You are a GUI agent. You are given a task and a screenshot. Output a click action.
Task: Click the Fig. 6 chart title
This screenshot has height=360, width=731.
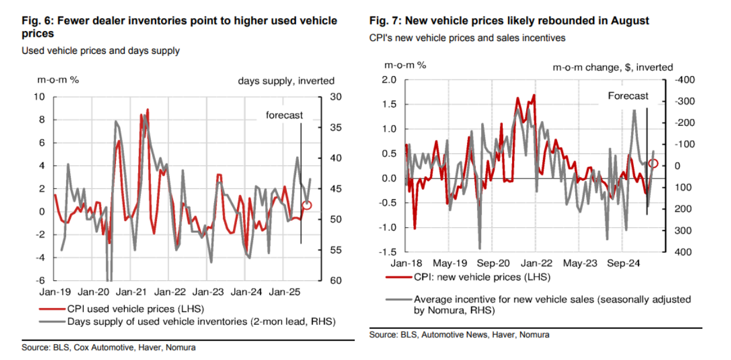[179, 27]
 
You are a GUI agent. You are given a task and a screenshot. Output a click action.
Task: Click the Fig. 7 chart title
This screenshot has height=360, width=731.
[509, 20]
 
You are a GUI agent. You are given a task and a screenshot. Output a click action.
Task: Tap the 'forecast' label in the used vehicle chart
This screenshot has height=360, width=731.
[284, 115]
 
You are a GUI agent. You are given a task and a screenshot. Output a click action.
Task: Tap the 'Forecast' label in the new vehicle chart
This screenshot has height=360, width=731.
[628, 96]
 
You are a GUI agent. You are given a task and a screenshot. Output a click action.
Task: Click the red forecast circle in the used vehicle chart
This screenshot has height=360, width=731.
[307, 205]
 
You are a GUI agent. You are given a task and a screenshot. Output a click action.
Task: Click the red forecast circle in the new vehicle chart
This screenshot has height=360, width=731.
[654, 163]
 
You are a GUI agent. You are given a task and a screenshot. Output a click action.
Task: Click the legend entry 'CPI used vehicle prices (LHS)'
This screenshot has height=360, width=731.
[135, 308]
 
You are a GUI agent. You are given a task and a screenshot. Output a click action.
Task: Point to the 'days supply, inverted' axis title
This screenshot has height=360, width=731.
[286, 81]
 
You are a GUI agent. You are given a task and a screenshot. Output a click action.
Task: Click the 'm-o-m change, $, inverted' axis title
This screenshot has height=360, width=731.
[613, 67]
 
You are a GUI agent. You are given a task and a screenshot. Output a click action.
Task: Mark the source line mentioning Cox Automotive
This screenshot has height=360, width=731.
[108, 348]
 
